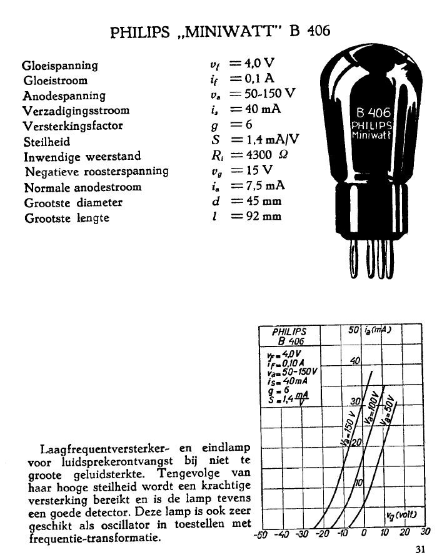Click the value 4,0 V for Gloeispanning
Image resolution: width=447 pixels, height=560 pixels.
point(261,64)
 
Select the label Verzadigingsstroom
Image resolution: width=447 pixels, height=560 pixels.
point(76,111)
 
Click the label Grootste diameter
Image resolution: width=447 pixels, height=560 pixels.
point(73,202)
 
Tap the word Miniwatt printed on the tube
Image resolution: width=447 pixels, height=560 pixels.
point(373,135)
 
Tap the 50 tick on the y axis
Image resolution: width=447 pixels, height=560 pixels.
point(351,330)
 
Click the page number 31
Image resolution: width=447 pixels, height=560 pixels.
point(419,550)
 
